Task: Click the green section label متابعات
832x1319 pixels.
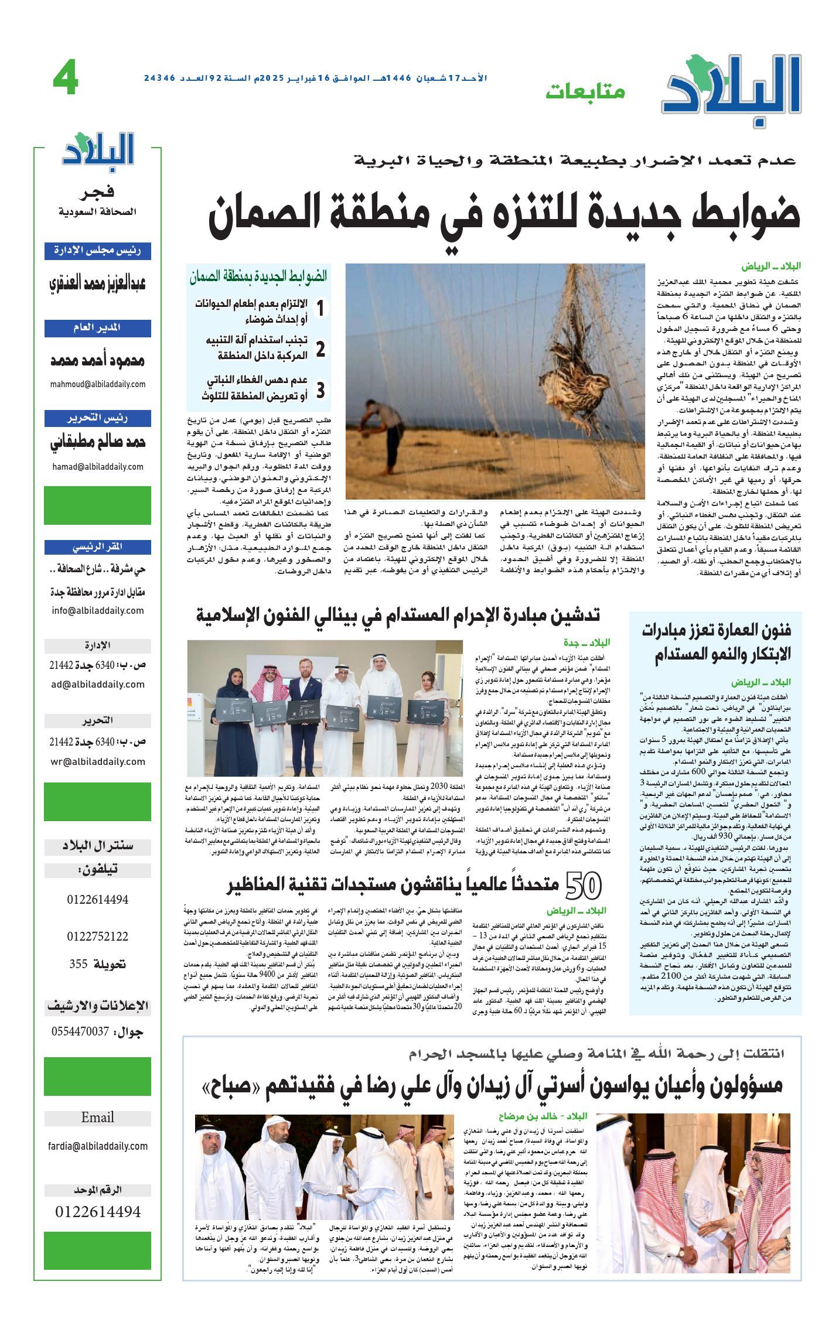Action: (585, 91)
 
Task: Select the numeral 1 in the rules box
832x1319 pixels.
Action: (320, 309)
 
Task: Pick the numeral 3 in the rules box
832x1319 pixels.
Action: (320, 390)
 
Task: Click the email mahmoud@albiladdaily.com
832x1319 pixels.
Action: (98, 384)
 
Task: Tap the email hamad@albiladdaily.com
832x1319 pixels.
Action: (98, 467)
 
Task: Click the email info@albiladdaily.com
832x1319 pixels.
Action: (98, 610)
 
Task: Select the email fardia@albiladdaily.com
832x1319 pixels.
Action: (98, 1146)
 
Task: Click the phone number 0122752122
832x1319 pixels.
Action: (97, 936)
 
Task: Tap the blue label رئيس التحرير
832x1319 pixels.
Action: (98, 418)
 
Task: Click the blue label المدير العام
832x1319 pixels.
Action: (98, 328)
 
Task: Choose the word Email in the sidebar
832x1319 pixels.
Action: (98, 1117)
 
